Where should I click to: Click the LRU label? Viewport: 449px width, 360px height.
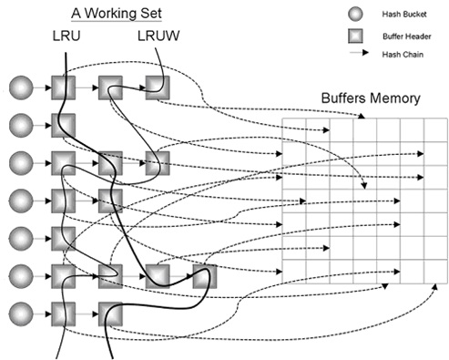point(66,36)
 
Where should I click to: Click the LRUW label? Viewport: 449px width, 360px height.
point(158,36)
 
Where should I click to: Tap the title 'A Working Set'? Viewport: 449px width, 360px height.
point(117,14)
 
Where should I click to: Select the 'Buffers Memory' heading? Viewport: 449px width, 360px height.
point(371,98)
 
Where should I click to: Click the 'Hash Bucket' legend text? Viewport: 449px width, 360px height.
point(404,14)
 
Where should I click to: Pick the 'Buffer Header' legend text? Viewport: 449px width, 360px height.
point(407,36)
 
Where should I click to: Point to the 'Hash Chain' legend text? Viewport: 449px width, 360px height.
point(403,55)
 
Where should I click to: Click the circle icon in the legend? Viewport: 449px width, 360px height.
point(355,14)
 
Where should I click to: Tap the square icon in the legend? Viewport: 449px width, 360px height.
point(355,36)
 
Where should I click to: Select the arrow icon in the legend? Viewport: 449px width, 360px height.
point(360,53)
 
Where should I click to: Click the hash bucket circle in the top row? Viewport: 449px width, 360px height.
point(21,87)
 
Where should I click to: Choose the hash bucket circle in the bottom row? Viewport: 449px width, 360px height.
point(21,314)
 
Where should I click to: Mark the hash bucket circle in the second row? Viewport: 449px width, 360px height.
point(21,126)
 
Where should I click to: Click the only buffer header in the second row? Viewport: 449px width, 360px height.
point(64,126)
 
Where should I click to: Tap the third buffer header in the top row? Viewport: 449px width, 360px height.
point(158,87)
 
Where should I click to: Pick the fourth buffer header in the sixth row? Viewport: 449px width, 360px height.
point(205,276)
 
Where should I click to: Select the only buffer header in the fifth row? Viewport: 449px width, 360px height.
point(64,239)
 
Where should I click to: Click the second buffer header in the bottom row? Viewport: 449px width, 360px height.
point(110,314)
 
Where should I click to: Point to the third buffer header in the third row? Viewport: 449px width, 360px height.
point(158,163)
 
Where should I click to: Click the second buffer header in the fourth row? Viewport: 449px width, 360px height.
point(110,201)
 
